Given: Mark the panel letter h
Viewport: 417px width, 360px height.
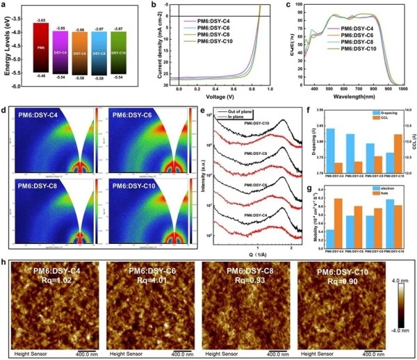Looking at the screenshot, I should (5, 264).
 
